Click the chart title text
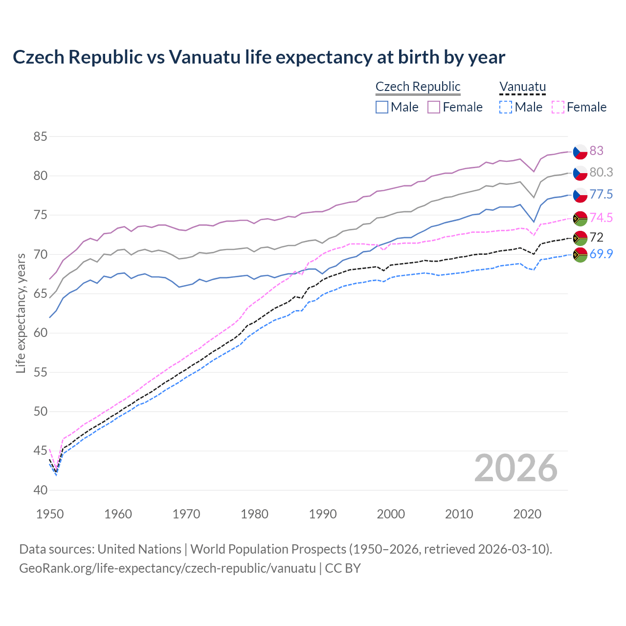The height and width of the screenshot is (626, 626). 259,57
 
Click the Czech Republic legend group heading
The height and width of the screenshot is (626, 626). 418,87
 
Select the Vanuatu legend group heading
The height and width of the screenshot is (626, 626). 522,87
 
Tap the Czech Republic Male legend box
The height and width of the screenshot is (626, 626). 382,107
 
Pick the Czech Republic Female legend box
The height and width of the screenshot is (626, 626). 434,107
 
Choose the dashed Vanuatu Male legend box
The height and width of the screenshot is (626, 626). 506,107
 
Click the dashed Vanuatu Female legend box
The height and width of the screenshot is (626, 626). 558,107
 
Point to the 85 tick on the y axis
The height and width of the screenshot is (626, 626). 40,136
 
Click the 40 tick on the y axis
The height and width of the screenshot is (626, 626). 40,490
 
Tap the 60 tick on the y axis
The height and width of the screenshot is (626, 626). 40,333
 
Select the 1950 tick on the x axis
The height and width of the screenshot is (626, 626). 50,514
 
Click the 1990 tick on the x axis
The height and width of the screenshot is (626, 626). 323,514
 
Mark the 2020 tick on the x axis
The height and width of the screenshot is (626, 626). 527,514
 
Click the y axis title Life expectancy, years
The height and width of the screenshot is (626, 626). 21,313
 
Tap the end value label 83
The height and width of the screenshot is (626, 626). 596,151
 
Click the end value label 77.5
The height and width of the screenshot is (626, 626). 601,195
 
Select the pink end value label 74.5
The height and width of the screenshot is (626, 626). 601,218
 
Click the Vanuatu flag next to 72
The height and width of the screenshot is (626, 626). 580,238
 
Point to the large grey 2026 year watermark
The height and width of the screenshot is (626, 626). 515,468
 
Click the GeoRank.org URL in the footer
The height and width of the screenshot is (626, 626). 167,568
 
